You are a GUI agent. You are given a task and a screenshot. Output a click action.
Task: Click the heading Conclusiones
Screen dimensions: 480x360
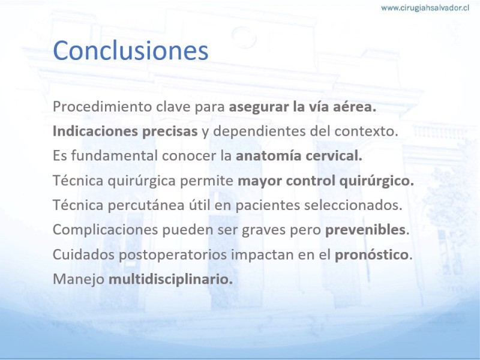tap(130, 50)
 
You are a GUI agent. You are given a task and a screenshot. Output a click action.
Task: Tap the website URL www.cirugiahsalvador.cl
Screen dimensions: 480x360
tap(425, 8)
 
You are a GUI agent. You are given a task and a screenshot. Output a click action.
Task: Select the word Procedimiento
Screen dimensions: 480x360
tap(102, 107)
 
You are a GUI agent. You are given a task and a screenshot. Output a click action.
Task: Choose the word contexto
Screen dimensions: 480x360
tap(366, 131)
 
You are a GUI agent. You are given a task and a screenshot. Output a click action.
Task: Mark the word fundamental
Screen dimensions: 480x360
tap(114, 155)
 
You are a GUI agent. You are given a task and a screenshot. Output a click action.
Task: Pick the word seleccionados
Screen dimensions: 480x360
tap(353, 205)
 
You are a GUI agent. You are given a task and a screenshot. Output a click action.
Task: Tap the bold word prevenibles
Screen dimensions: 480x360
tap(365, 230)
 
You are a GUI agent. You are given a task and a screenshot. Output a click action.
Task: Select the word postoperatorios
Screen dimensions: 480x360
tap(173, 254)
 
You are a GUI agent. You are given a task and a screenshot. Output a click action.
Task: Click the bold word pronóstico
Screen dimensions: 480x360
tap(371, 254)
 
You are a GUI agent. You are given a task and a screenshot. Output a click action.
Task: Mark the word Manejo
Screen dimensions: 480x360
tap(79, 279)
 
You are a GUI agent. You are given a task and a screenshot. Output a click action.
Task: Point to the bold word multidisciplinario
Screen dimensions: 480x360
tap(170, 279)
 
